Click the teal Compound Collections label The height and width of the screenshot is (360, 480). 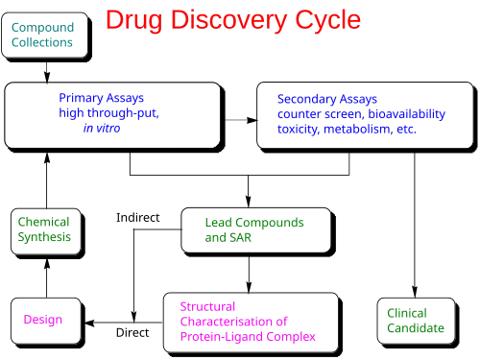pyautogui.click(x=42, y=36)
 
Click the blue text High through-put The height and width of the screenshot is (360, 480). pyautogui.click(x=108, y=113)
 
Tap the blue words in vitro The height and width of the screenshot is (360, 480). pyautogui.click(x=102, y=128)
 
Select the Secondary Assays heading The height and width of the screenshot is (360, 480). pyautogui.click(x=327, y=98)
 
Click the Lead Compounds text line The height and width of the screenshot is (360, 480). pyautogui.click(x=253, y=223)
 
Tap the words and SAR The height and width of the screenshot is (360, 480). pyautogui.click(x=228, y=237)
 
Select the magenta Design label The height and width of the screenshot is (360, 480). pyautogui.click(x=44, y=321)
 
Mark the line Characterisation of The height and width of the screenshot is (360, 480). pyautogui.click(x=233, y=322)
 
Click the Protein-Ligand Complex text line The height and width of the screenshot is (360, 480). pyautogui.click(x=249, y=337)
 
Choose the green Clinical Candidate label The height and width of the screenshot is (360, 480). pyautogui.click(x=415, y=321)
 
